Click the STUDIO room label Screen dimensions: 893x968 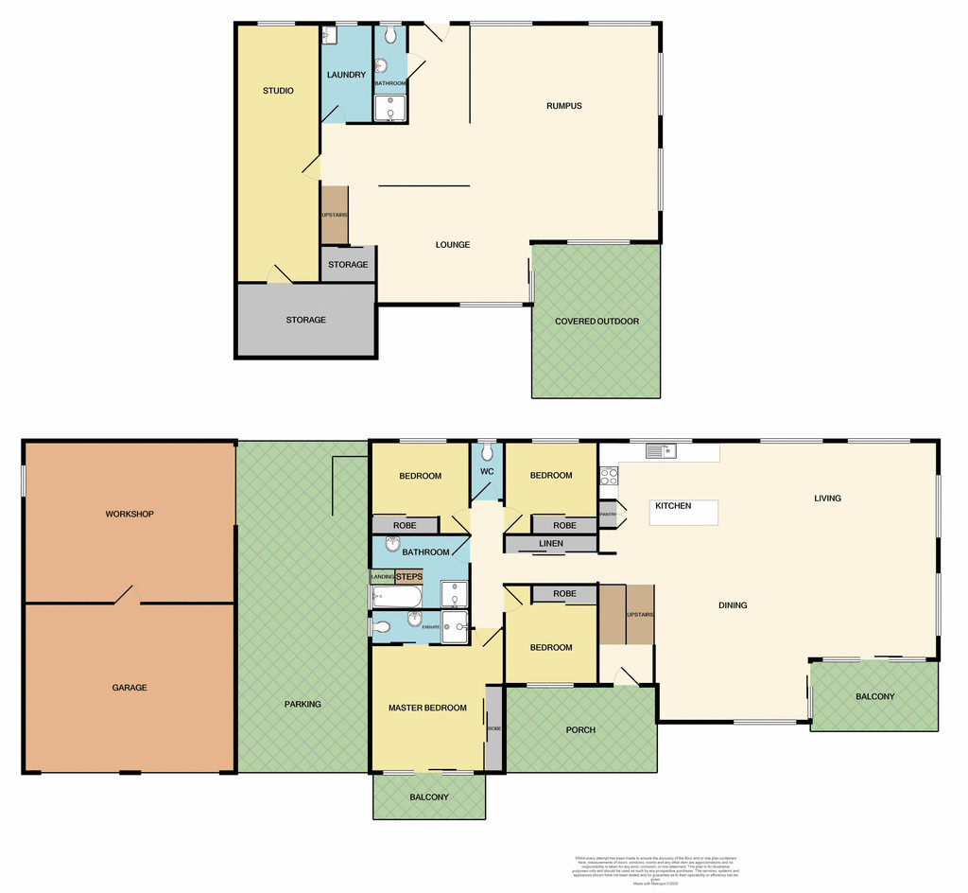coord(278,91)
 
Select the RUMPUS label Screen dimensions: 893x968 coord(563,106)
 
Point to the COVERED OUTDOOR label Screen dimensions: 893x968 coord(596,322)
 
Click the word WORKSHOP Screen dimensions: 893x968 coord(130,515)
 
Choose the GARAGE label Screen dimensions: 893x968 coord(130,688)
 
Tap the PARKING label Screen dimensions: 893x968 coord(302,704)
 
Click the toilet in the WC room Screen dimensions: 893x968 coord(487,452)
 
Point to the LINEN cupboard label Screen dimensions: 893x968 coord(550,544)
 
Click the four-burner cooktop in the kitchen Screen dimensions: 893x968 coord(609,478)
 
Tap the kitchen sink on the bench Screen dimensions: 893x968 coord(660,451)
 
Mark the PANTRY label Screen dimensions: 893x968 coord(608,515)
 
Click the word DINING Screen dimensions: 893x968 coord(733,605)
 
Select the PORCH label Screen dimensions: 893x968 coord(579,729)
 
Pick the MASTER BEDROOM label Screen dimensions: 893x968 coord(427,708)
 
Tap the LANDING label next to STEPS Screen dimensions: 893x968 coord(382,576)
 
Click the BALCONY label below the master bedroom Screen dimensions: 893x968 coord(429,797)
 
